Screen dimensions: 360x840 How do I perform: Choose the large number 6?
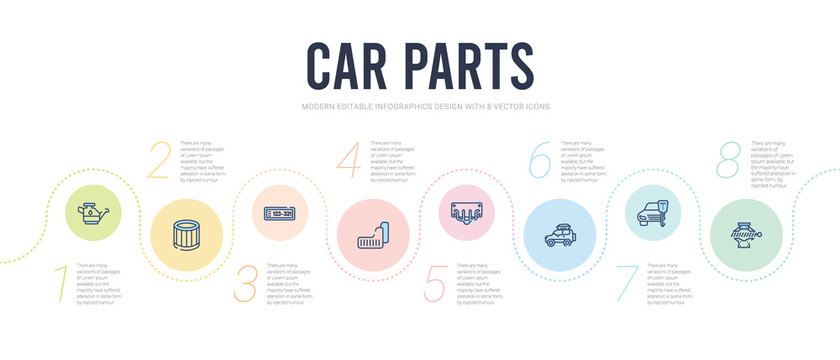(541, 161)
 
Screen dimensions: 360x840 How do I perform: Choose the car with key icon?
(659, 213)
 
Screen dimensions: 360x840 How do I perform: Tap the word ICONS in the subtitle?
(535, 106)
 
